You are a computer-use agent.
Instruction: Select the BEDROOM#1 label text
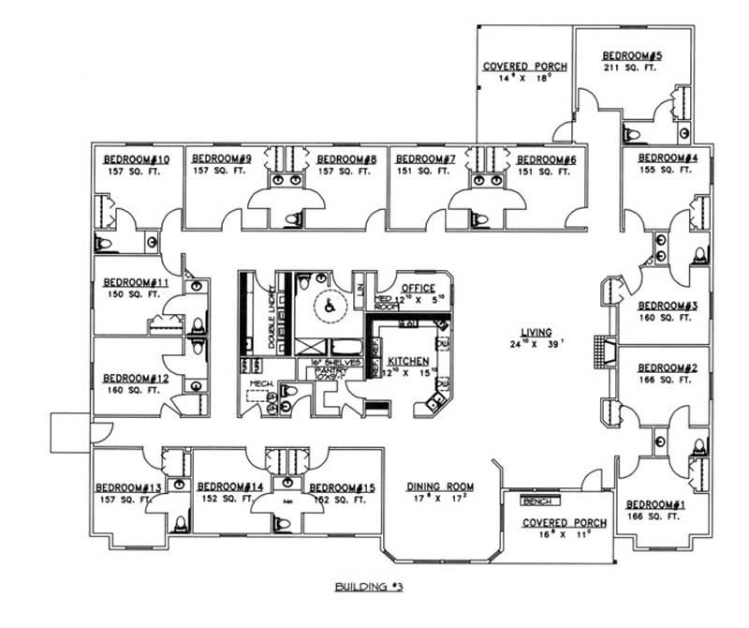655,505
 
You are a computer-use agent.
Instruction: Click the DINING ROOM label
439,487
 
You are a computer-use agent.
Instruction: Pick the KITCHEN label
408,361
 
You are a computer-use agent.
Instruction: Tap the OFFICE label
419,288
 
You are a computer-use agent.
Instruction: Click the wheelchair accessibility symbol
329,304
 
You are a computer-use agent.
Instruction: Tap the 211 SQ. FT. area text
632,68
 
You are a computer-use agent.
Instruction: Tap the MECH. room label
259,384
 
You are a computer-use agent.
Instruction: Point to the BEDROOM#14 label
229,486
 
